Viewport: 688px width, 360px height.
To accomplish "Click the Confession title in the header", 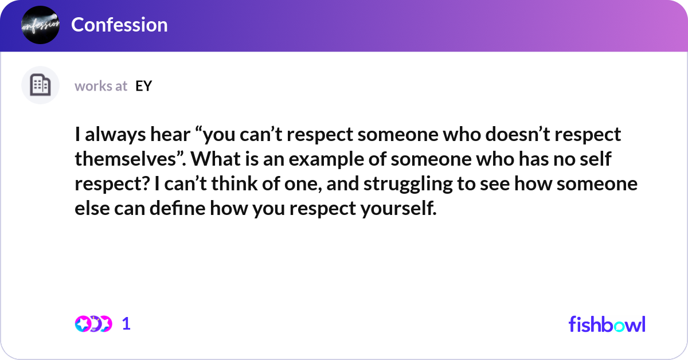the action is tap(119, 25).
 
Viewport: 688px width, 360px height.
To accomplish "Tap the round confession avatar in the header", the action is tap(40, 25).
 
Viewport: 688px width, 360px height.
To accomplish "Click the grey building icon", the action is tap(40, 85).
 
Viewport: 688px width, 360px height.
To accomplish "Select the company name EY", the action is tap(144, 86).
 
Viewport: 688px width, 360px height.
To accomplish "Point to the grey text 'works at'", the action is tap(101, 86).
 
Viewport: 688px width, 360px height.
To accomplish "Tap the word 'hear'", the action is tap(170, 135).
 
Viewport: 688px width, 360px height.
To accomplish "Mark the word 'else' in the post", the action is tap(92, 208).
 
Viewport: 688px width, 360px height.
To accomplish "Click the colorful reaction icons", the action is tap(93, 324).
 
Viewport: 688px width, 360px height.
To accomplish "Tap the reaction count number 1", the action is tap(126, 324).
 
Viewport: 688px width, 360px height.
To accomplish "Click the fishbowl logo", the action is tap(607, 324).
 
